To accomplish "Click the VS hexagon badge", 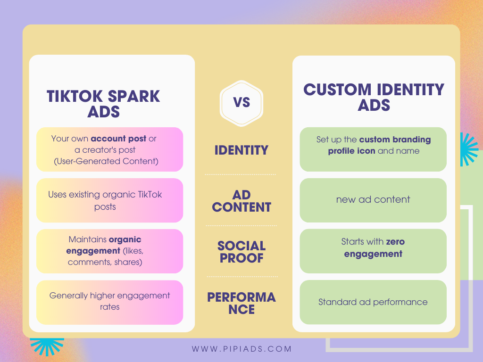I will pyautogui.click(x=241, y=103).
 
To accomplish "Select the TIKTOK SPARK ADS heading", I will pyautogui.click(x=103, y=104).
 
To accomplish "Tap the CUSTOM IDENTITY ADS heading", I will pyautogui.click(x=374, y=97).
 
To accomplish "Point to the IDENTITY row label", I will pyautogui.click(x=241, y=150).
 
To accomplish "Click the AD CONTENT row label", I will pyautogui.click(x=241, y=201).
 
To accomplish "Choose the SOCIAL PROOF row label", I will pyautogui.click(x=241, y=252).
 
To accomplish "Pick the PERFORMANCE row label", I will pyautogui.click(x=241, y=303).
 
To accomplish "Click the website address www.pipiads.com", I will pyautogui.click(x=241, y=349).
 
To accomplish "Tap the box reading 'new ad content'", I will pyautogui.click(x=373, y=200).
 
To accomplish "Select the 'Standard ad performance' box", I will pyautogui.click(x=373, y=302).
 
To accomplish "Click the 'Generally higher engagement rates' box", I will pyautogui.click(x=109, y=302).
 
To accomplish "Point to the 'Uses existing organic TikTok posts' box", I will pyautogui.click(x=109, y=200).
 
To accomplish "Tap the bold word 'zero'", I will pyautogui.click(x=395, y=242).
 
